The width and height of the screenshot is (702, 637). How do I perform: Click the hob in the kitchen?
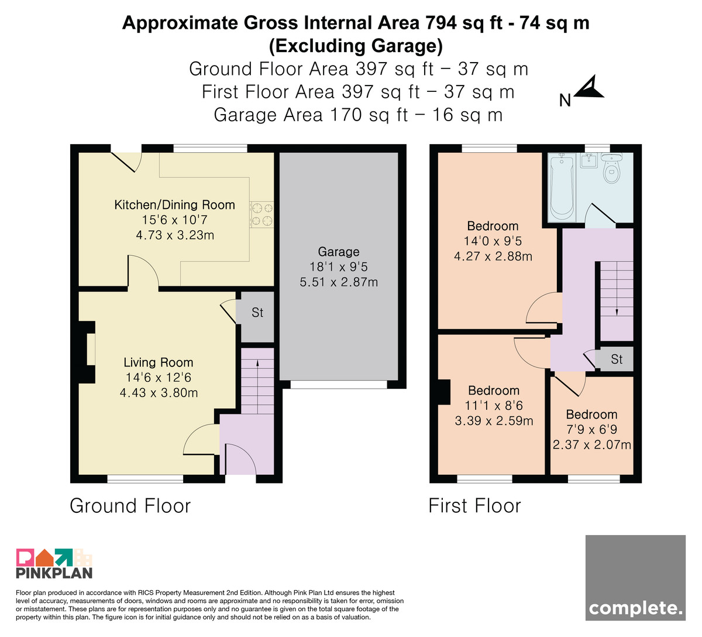(x=261, y=214)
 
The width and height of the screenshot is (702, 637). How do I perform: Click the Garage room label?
(x=338, y=252)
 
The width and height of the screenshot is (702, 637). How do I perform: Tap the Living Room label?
(x=158, y=362)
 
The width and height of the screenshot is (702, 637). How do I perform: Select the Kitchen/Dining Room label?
(x=175, y=205)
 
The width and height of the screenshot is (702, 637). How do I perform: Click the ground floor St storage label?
(x=257, y=313)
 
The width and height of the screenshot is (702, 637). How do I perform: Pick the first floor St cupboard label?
(x=617, y=359)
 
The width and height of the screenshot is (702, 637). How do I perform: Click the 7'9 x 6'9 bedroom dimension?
(x=592, y=430)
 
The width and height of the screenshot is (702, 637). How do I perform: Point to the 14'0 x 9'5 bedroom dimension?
(x=493, y=241)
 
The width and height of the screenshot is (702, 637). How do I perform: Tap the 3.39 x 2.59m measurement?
(x=494, y=420)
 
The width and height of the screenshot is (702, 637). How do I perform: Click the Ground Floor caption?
(x=130, y=506)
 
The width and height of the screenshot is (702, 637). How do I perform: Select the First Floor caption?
(x=475, y=506)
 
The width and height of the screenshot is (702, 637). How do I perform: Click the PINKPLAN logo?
(x=54, y=563)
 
